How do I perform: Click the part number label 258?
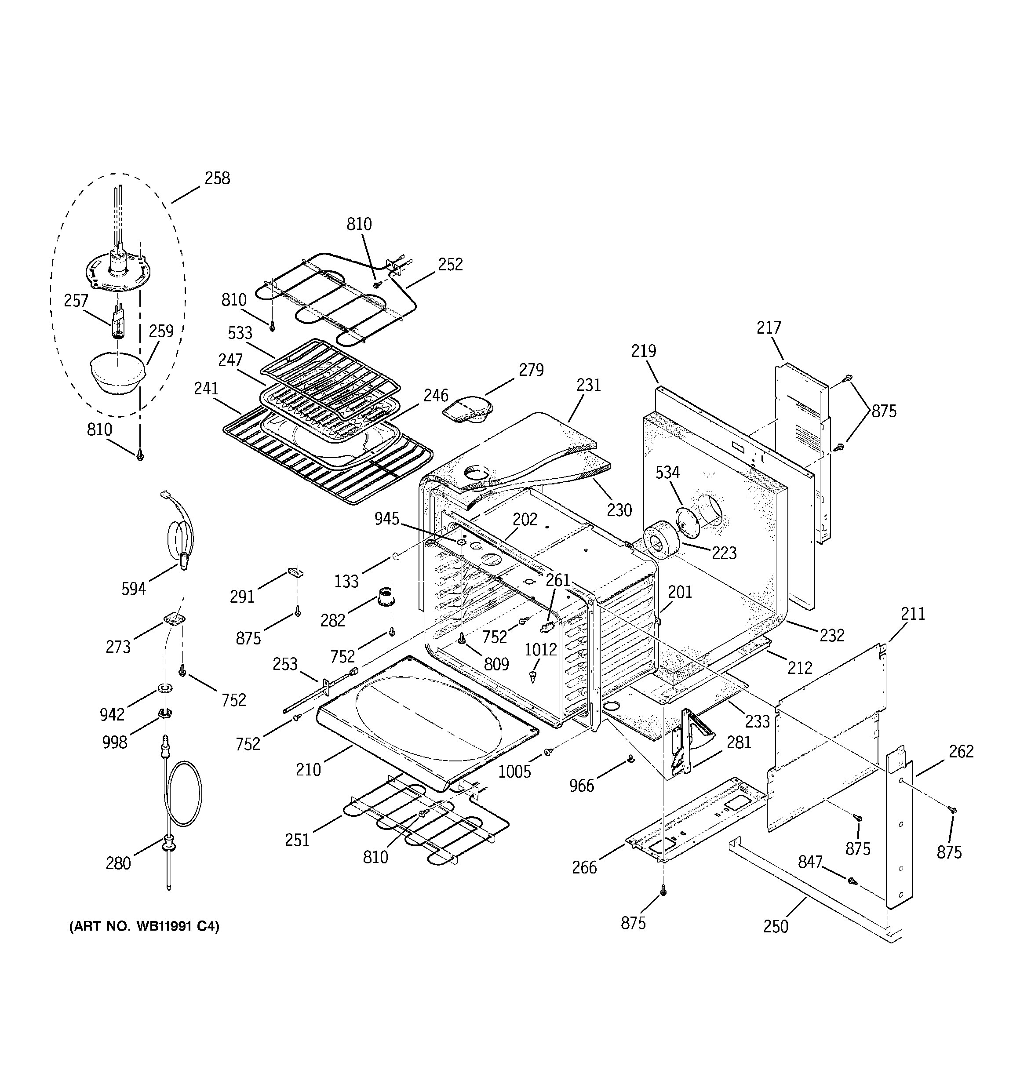[x=217, y=178]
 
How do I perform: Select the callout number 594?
[x=134, y=589]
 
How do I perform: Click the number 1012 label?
[x=540, y=650]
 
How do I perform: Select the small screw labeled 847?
[x=851, y=881]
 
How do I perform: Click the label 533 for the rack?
[x=240, y=333]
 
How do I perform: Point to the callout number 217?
[x=769, y=328]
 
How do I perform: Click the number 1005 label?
[x=514, y=771]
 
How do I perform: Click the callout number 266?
[x=584, y=867]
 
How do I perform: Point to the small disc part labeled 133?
[x=394, y=557]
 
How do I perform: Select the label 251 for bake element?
[x=297, y=840]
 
